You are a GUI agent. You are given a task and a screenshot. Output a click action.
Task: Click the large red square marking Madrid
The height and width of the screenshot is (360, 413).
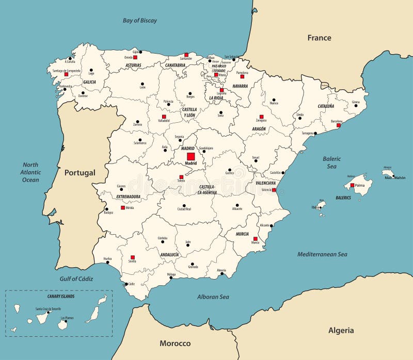click(x=190, y=156)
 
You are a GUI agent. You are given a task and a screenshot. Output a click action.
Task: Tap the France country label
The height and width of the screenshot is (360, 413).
click(x=319, y=38)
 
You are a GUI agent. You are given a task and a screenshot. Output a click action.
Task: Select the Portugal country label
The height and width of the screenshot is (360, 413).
click(x=80, y=173)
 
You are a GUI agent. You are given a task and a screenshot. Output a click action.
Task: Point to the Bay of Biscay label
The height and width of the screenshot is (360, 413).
click(x=140, y=21)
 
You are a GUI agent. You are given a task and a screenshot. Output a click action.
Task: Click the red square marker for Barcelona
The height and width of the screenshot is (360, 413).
click(x=339, y=125)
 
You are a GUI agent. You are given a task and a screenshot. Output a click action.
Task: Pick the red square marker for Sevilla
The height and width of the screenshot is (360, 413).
click(x=133, y=257)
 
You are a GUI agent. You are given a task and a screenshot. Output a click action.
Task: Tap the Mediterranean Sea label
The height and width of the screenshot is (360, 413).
click(x=322, y=254)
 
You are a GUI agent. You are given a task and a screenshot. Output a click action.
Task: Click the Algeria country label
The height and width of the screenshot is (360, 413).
click(x=341, y=330)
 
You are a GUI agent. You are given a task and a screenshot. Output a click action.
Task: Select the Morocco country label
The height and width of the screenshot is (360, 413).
click(x=175, y=343)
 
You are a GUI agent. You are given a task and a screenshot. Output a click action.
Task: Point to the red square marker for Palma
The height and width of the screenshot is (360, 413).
click(x=352, y=185)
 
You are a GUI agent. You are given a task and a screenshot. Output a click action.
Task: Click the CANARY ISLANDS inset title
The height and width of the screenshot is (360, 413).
click(x=58, y=297)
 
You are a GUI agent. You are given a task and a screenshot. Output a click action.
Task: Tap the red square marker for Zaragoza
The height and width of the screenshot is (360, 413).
click(x=261, y=117)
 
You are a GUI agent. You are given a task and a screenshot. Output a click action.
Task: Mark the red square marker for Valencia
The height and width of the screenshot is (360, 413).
click(x=274, y=190)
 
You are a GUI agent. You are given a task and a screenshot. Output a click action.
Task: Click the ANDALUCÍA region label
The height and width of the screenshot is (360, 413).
click(x=169, y=255)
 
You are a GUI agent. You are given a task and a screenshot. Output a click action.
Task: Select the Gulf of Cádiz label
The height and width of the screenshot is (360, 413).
click(x=75, y=279)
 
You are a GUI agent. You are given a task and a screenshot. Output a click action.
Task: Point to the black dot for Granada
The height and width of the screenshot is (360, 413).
click(x=194, y=261)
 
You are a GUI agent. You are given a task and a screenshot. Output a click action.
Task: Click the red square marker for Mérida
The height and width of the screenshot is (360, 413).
click(x=123, y=208)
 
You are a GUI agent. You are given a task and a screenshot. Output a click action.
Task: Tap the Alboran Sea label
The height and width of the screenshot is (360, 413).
click(x=213, y=297)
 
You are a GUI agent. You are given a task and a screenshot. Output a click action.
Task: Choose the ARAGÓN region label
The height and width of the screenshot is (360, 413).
click(x=259, y=129)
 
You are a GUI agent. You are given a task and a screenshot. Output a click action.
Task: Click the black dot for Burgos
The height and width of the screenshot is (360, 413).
click(x=190, y=93)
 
